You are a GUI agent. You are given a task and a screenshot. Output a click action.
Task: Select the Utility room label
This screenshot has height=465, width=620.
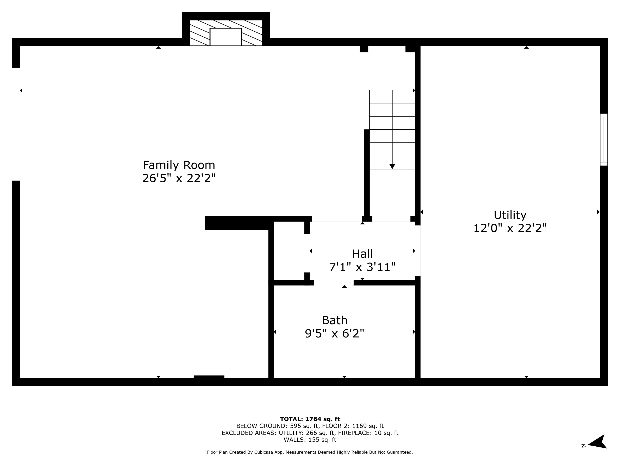click(x=510, y=215)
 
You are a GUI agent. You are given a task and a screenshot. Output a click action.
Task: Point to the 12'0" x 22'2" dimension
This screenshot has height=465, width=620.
click(x=510, y=228)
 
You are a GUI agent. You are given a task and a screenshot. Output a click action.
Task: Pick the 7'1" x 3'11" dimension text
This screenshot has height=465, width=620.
click(x=362, y=267)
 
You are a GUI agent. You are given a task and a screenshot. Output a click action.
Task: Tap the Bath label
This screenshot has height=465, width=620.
click(x=334, y=320)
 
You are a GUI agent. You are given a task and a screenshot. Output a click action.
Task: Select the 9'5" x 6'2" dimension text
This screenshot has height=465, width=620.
click(x=334, y=334)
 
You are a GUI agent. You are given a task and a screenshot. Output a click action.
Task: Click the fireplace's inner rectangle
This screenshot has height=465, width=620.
click(x=226, y=37)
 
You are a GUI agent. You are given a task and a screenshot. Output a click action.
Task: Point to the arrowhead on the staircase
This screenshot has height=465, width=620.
click(x=392, y=166)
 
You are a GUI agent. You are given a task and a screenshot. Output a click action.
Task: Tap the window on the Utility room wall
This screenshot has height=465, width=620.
click(x=604, y=139)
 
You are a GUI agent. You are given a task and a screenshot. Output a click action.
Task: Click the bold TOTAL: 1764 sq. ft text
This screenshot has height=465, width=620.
click(x=310, y=419)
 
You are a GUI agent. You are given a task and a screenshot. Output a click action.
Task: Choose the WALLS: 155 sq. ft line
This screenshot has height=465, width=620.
click(x=310, y=440)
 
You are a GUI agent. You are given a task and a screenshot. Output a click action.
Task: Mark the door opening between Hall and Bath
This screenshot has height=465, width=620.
click(x=334, y=283)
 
